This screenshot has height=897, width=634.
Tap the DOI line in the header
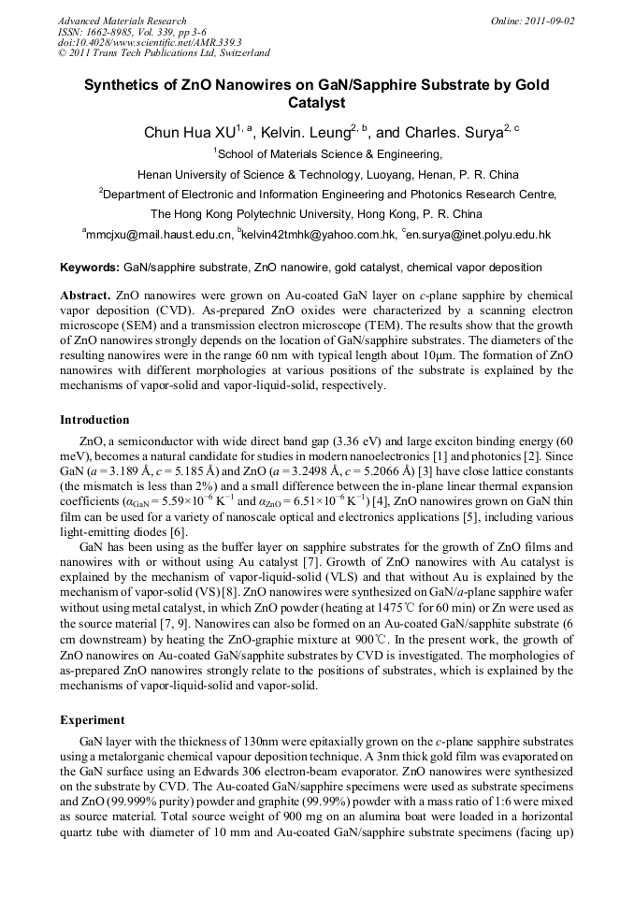coord(150,42)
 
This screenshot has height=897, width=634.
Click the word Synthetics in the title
coord(124,84)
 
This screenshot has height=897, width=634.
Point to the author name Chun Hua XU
coord(189,133)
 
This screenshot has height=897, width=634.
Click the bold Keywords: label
coord(90,267)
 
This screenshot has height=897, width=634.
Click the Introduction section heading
coord(94,420)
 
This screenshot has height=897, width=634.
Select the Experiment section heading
coord(92,720)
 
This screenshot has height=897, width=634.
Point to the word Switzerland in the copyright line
coord(238,53)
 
